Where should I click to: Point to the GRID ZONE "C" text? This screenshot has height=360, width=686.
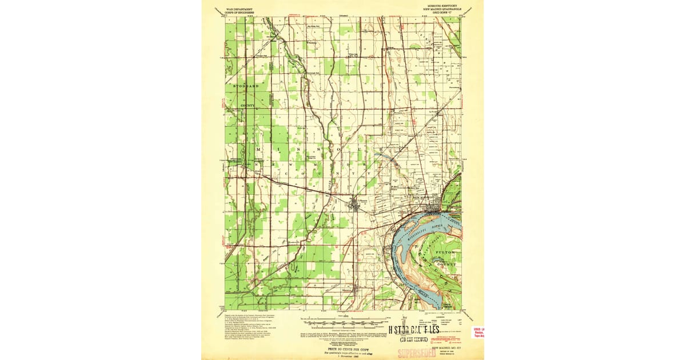tap(444, 13)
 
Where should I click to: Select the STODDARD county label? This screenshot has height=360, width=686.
tap(246, 86)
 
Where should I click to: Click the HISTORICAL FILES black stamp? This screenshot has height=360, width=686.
tap(414, 330)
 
